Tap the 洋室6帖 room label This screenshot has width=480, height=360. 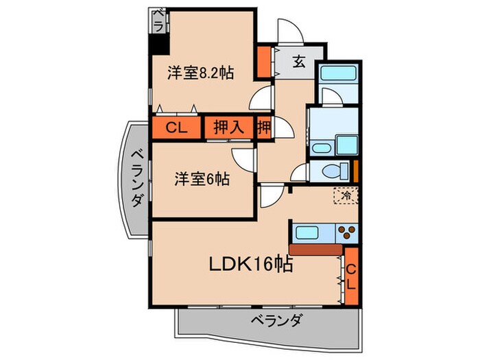coord(201,180)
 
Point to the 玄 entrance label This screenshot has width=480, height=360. coord(300,62)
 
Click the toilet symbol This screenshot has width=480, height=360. coord(329,171)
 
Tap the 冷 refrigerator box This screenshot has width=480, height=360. coord(346,196)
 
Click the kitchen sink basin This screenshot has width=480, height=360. coord(305,232)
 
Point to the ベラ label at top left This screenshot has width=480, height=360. coord(158,20)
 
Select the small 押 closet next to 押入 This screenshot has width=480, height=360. coord(264,128)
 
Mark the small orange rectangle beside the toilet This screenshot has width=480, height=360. coord(356,171)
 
